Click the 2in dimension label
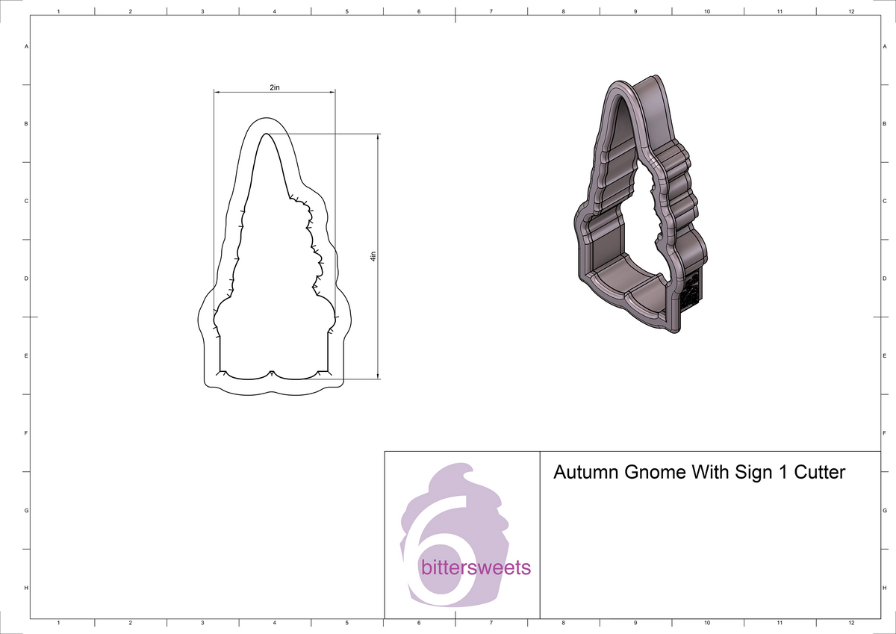274,87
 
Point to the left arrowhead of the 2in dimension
217,93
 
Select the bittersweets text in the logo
476,568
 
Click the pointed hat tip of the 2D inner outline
265,134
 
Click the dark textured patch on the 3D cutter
691,291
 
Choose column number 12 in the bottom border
851,623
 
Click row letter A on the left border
27,46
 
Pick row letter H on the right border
884,588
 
